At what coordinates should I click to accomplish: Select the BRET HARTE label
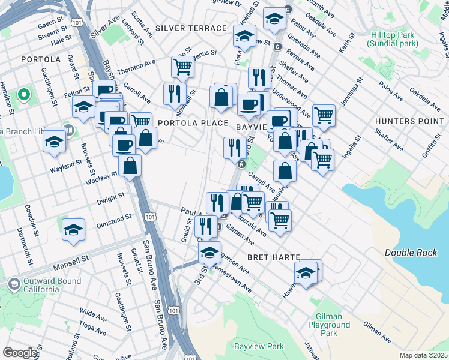click(x=274, y=257)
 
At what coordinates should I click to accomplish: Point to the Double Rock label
click(x=411, y=253)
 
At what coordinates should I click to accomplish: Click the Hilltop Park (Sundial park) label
click(x=394, y=40)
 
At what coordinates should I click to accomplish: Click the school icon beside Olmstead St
click(x=73, y=230)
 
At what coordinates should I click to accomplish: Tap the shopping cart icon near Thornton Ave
click(x=182, y=67)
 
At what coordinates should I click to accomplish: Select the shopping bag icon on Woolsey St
click(x=130, y=166)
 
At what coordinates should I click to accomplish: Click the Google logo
click(x=20, y=353)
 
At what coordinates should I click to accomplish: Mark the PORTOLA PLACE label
click(x=193, y=122)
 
